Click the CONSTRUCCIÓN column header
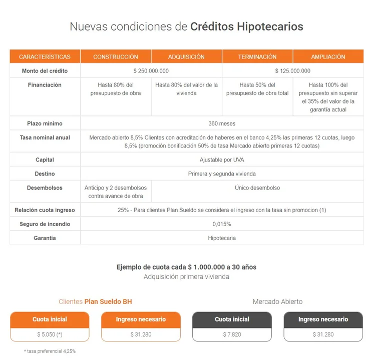tap(116, 56)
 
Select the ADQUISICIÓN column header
tap(186, 56)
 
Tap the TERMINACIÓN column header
tap(257, 56)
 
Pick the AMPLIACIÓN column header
tap(328, 56)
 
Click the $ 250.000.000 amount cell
tap(151, 71)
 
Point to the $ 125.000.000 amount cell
tap(292, 71)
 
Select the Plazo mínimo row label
tap(45, 123)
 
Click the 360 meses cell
tap(222, 123)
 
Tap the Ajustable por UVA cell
tap(222, 160)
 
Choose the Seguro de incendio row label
tap(45, 224)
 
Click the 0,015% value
tap(222, 224)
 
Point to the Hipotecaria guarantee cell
tap(222, 238)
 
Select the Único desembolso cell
tap(257, 188)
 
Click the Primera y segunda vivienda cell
tap(222, 174)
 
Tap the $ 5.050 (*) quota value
tap(50, 334)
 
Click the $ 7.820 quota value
tap(232, 334)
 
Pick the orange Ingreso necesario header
tap(141, 319)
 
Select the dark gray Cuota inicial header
tap(232, 319)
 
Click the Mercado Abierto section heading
tap(277, 301)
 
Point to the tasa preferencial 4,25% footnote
tap(50, 351)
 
